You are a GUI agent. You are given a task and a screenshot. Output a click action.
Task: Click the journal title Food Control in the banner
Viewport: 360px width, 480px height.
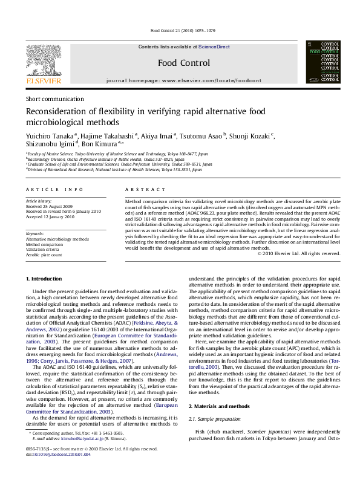pyautogui.click(x=183, y=63)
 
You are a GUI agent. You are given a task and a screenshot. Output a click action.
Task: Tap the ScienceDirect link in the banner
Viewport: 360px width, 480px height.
pyautogui.click(x=215, y=47)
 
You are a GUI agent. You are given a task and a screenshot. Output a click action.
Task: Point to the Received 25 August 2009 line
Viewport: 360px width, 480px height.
pyautogui.click(x=50, y=206)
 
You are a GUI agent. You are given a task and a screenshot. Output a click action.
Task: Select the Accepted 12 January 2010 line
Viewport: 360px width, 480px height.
pyautogui.click(x=51, y=216)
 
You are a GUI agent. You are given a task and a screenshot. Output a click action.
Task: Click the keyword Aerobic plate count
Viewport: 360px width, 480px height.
pyautogui.click(x=44, y=255)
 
